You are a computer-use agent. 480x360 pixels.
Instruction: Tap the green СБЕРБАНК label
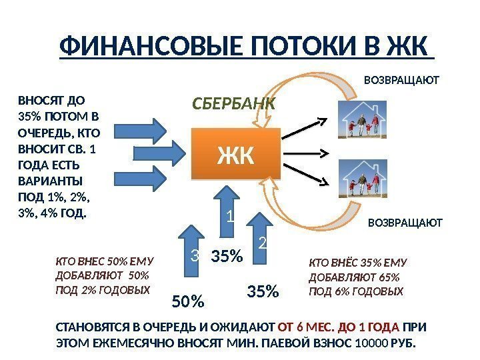233,104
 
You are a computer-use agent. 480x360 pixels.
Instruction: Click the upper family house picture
361,118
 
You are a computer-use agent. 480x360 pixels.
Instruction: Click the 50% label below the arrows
188,301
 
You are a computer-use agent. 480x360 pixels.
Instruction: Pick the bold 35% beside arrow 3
227,255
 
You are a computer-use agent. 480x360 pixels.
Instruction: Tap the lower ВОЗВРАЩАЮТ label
405,223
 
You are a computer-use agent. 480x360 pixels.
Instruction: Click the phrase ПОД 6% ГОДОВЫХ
357,291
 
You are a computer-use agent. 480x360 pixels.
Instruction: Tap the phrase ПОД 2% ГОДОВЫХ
103,290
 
